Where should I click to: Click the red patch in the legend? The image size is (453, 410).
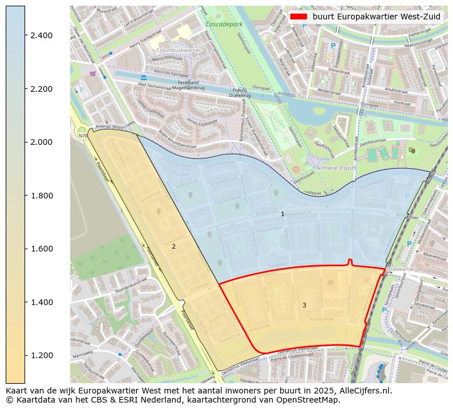(x=298, y=17)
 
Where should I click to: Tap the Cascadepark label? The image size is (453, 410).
(x=224, y=25)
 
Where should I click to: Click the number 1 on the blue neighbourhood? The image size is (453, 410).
(x=282, y=214)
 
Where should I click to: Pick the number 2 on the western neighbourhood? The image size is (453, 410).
(x=173, y=246)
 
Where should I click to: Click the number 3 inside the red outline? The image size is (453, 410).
(x=304, y=305)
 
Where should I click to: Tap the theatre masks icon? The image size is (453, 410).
(x=412, y=151)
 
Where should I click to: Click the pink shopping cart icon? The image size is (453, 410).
(x=92, y=74)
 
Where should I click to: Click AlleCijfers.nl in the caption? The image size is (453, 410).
(x=363, y=391)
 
